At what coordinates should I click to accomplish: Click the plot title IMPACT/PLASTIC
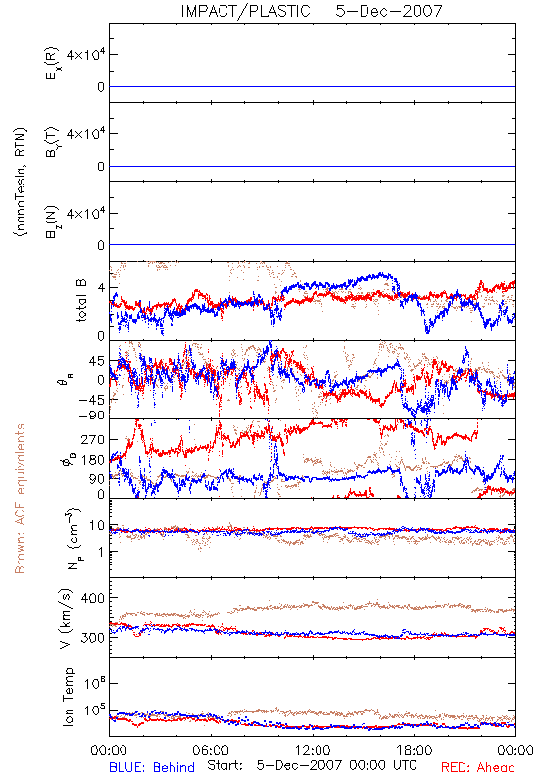point(246,11)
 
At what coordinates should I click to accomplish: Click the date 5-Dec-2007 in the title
point(389,11)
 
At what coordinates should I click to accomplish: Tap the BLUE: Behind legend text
point(152,767)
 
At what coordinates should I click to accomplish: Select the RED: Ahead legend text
point(478,767)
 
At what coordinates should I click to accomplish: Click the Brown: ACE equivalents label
point(20,499)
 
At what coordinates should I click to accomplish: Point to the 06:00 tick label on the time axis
point(211,750)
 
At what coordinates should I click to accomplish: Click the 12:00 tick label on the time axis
point(313,750)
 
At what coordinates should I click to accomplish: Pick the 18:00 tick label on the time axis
point(415,750)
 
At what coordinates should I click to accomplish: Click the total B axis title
point(81,301)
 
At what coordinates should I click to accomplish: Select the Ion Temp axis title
point(68,697)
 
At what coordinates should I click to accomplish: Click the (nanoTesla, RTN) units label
point(21,182)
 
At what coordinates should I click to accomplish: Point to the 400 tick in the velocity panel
point(93,598)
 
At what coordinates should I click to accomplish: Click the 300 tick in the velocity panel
point(93,638)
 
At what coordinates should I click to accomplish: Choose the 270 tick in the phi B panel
point(93,439)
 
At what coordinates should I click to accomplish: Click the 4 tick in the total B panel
point(102,288)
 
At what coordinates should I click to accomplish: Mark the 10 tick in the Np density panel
point(97,525)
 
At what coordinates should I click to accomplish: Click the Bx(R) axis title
point(52,64)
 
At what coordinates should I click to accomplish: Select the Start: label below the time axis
point(225,765)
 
